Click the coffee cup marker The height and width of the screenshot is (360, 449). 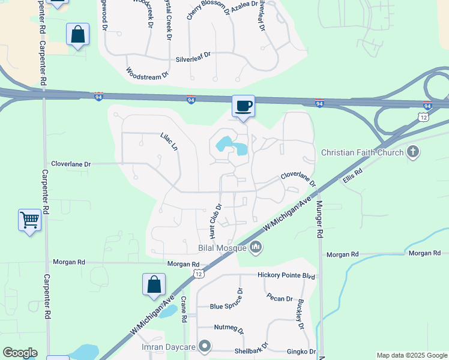[243, 107]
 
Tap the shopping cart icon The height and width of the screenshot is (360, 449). [29, 221]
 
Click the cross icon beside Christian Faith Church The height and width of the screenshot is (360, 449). [412, 152]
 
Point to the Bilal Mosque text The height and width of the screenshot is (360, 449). [221, 248]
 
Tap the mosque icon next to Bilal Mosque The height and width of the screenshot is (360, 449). [256, 246]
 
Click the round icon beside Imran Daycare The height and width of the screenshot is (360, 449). [205, 346]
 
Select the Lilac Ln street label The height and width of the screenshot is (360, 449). [169, 142]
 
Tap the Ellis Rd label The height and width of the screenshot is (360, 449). [353, 175]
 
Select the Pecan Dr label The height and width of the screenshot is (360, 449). [280, 299]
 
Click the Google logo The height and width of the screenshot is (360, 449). [20, 353]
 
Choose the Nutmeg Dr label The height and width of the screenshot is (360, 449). [229, 329]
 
